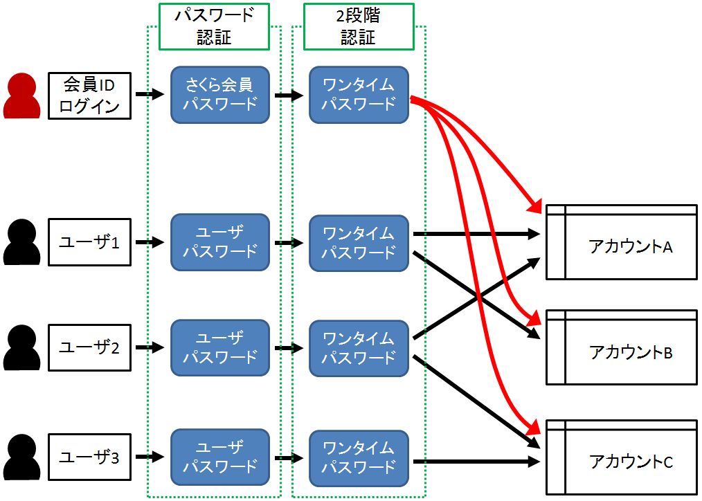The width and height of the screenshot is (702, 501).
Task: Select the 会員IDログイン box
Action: [89, 95]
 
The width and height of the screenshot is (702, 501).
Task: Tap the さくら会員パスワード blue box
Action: [219, 95]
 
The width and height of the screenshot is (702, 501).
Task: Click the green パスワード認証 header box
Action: [214, 26]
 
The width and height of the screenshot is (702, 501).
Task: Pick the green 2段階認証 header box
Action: [359, 26]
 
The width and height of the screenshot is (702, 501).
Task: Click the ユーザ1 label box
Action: [89, 242]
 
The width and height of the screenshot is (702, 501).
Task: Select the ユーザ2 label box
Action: [89, 347]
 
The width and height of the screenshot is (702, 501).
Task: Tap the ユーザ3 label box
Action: [89, 457]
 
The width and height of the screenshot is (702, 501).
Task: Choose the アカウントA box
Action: [621, 242]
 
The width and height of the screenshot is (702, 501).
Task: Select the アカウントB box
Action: [621, 347]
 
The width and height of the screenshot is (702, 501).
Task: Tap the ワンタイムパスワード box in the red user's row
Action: [359, 95]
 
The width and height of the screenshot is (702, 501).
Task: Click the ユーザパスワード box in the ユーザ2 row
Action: [219, 347]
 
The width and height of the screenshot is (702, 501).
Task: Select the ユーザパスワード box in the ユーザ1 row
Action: [219, 242]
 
